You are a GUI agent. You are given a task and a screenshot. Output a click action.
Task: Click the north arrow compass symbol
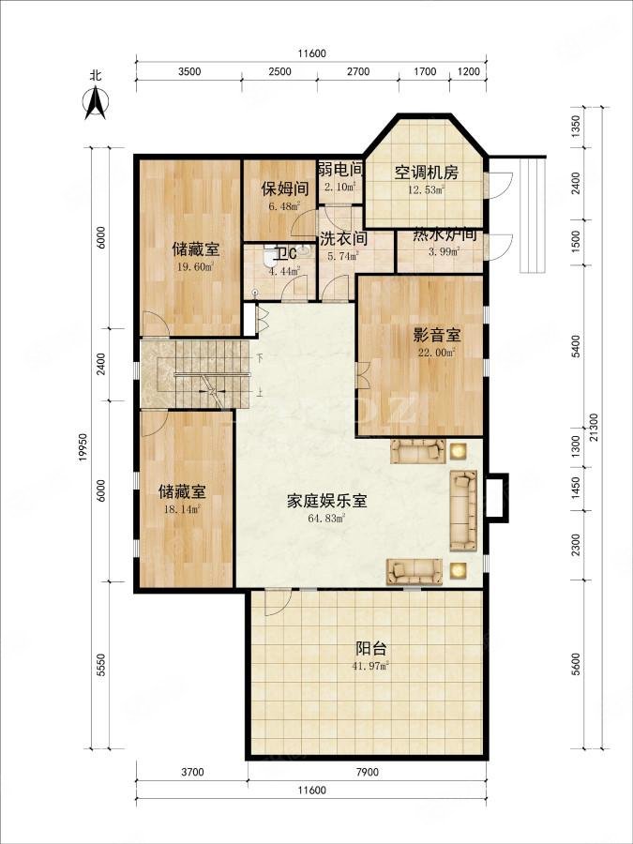point(95,101)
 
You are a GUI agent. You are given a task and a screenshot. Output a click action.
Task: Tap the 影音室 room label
point(435,335)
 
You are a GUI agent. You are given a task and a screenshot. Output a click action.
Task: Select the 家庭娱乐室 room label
point(326,501)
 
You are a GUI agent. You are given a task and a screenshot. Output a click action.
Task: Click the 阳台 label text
point(372,649)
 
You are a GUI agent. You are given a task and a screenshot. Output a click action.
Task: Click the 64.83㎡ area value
point(328,518)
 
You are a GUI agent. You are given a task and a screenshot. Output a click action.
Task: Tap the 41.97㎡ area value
point(372,666)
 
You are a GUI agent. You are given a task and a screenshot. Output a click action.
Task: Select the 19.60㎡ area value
point(195,266)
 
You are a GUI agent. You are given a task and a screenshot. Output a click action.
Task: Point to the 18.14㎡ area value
point(182,508)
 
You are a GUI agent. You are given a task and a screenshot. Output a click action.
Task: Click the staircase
point(198,373)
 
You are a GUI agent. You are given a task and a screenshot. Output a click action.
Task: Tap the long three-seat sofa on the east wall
point(463,510)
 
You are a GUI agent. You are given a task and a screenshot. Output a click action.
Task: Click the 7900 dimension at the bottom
point(367,773)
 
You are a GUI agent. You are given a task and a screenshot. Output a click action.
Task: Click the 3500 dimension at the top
point(190,71)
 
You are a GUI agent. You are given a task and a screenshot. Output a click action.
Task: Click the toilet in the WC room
point(271,254)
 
